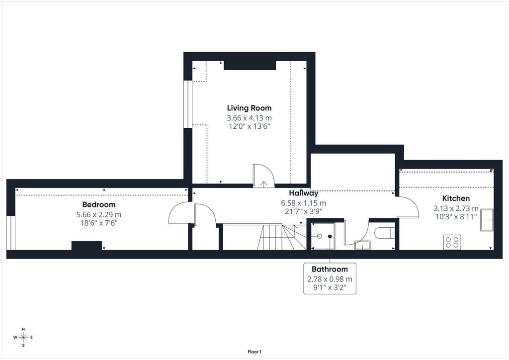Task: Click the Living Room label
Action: pyautogui.click(x=249, y=108)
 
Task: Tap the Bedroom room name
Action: pyautogui.click(x=99, y=204)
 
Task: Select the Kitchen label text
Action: pyautogui.click(x=456, y=198)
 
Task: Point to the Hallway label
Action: pyautogui.click(x=304, y=193)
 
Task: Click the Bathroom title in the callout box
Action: pyautogui.click(x=330, y=269)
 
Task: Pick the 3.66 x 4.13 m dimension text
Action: pyautogui.click(x=249, y=118)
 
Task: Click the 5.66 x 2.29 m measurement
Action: pyautogui.click(x=99, y=215)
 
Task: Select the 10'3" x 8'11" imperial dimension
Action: pyautogui.click(x=456, y=216)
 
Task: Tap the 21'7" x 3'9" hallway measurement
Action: pyautogui.click(x=304, y=211)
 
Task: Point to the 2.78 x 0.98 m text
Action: pyautogui.click(x=330, y=279)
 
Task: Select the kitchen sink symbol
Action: pyautogui.click(x=487, y=220)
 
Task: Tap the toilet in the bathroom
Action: pyautogui.click(x=385, y=233)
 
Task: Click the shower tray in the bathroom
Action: pyautogui.click(x=323, y=236)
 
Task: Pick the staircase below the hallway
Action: pyautogui.click(x=282, y=237)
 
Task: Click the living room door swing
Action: pyautogui.click(x=263, y=176)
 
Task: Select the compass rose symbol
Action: pyautogui.click(x=23, y=337)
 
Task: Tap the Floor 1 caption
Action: pyautogui.click(x=254, y=352)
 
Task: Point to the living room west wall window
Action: pyautogui.click(x=187, y=104)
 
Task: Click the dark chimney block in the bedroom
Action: pyautogui.click(x=86, y=246)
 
